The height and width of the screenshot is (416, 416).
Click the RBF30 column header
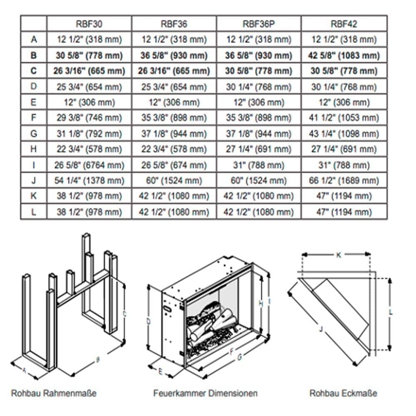(x=89, y=24)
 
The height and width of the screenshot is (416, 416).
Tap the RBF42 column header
(x=344, y=24)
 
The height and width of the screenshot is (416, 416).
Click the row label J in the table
(x=34, y=181)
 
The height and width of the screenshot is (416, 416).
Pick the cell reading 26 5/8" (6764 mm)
(x=89, y=165)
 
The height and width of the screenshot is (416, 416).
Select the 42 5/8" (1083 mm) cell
(x=344, y=55)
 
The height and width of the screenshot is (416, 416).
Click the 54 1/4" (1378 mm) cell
(x=89, y=181)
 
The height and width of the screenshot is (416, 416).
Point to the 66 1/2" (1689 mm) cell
(x=344, y=181)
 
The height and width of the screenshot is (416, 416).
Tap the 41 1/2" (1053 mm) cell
(x=344, y=118)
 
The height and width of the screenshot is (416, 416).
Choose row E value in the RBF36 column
(x=174, y=102)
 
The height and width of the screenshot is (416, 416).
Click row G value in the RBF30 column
(x=89, y=134)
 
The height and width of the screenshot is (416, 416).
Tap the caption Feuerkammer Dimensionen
(x=206, y=393)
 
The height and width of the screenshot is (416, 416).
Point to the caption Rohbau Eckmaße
(x=343, y=393)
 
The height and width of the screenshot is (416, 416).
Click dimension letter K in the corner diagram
(x=339, y=255)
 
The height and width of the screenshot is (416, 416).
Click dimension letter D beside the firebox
(x=149, y=322)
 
